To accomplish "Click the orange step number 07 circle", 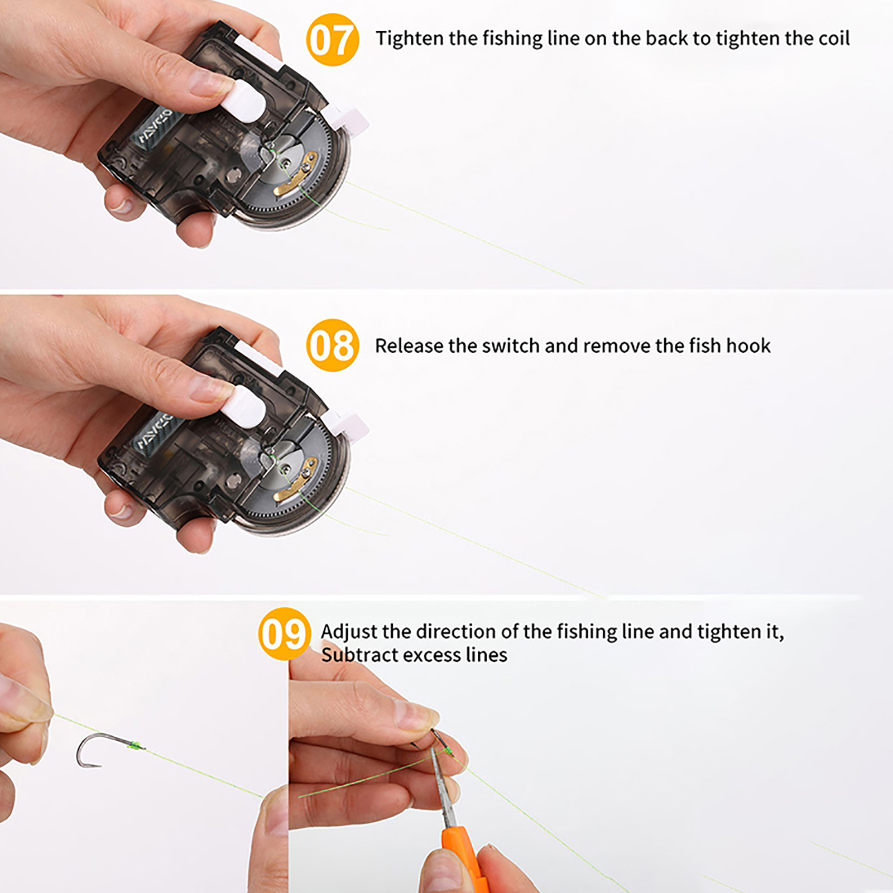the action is (333, 40).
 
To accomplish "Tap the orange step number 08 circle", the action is (333, 345).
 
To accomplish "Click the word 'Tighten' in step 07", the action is (410, 39).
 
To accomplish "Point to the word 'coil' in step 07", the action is (834, 39).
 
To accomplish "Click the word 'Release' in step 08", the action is (409, 346).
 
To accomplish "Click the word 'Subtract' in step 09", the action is (358, 655).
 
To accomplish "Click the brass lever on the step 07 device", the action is (296, 176).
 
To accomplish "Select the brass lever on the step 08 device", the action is (296, 478).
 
